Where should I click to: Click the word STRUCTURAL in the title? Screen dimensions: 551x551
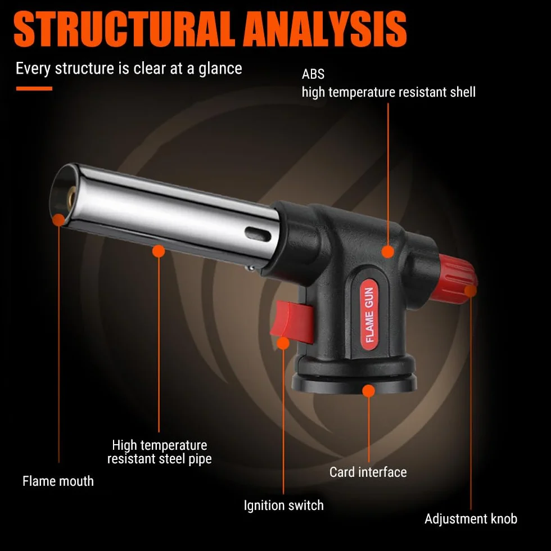(124, 29)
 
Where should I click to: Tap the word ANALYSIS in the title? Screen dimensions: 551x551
(326, 29)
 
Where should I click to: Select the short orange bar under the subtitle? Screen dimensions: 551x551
(34, 89)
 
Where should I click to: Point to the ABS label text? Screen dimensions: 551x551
(313, 74)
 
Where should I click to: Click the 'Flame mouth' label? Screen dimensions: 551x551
(58, 481)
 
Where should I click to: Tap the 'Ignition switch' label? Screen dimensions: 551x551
(283, 505)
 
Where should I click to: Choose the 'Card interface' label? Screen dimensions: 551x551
(368, 472)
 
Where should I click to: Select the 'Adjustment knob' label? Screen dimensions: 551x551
(471, 518)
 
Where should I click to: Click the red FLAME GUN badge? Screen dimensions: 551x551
(369, 314)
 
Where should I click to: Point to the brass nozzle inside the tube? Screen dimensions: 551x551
(73, 196)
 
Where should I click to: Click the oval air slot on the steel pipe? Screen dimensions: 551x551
(258, 234)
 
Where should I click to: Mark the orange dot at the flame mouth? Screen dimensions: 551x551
(58, 220)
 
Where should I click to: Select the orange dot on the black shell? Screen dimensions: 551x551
(387, 252)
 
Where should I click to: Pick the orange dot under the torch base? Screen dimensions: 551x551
(368, 391)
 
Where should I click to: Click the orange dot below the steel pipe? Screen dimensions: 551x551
(159, 251)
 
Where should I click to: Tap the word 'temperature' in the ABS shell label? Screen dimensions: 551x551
(362, 92)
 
